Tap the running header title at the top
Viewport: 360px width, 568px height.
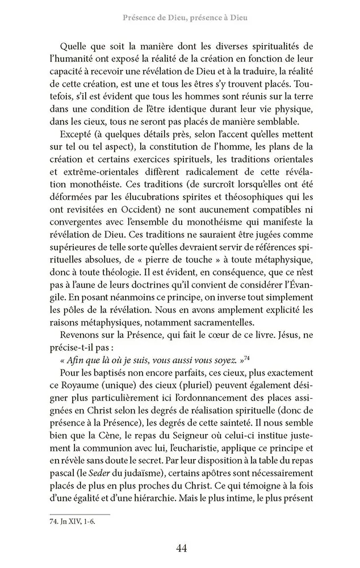[x=185, y=18]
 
